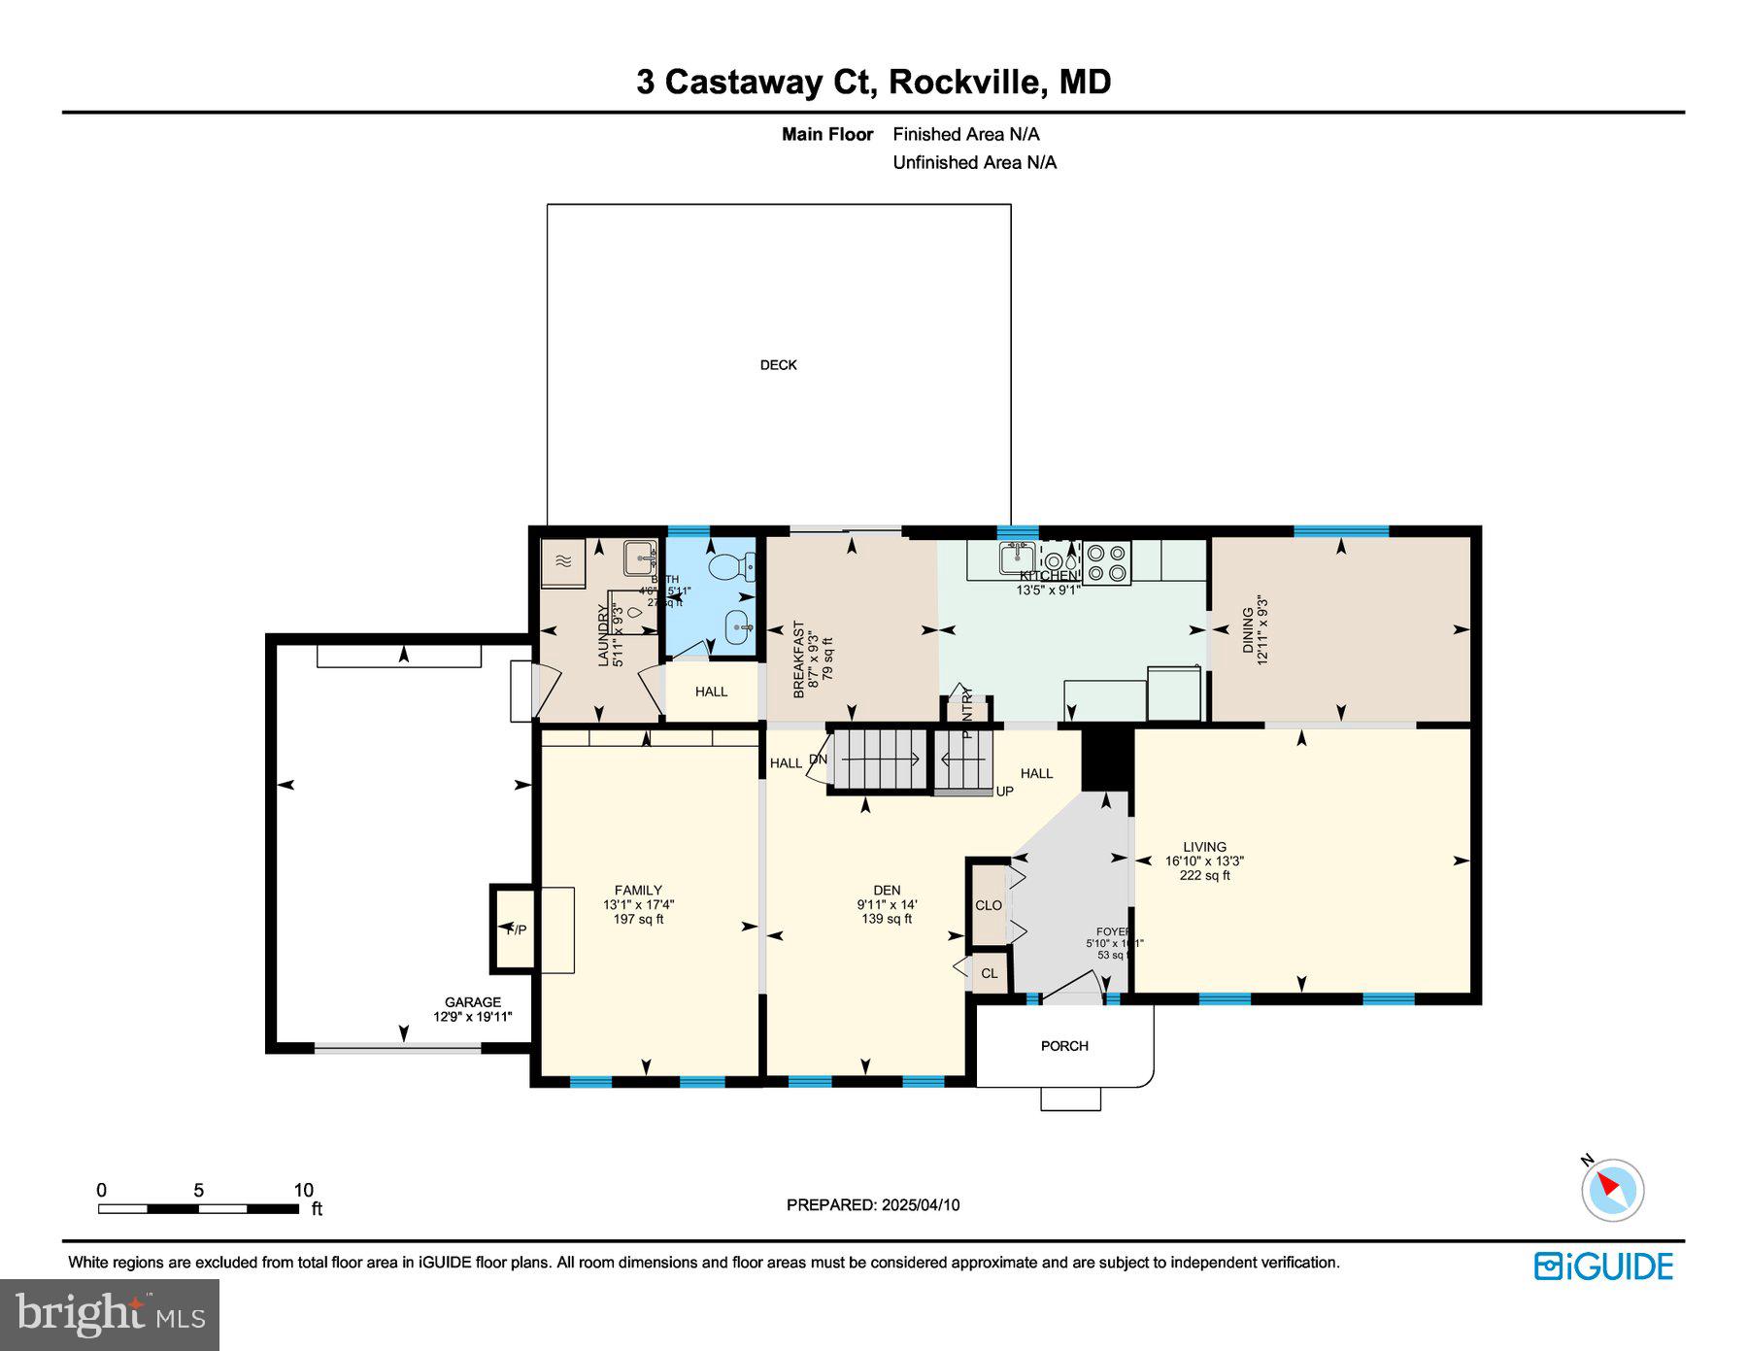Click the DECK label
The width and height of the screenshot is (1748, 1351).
coord(778,365)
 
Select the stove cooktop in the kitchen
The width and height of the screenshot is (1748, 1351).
coord(1106,562)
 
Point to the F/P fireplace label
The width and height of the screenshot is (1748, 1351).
coord(517,929)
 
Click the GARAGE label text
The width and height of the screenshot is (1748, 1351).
coord(473,1002)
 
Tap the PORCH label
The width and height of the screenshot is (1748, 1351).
coord(1064,1046)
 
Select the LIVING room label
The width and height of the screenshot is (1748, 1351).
coord(1204,847)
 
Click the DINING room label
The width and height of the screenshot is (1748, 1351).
coord(1248,630)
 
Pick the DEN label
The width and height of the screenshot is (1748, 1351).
coord(887,890)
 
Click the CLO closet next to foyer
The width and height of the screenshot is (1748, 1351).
coord(989,905)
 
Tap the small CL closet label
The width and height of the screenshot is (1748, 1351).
coord(989,973)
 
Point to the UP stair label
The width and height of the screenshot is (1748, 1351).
coord(1004,792)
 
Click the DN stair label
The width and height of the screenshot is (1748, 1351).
coord(818,759)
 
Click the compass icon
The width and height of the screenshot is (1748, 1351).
coord(1612,1189)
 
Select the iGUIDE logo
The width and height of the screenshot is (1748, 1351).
coord(1603,1267)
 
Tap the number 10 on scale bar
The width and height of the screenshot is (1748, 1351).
coord(303,1190)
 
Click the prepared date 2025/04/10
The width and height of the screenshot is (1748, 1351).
coord(921,1204)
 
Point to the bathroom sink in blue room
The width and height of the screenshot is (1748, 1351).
coord(739,627)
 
